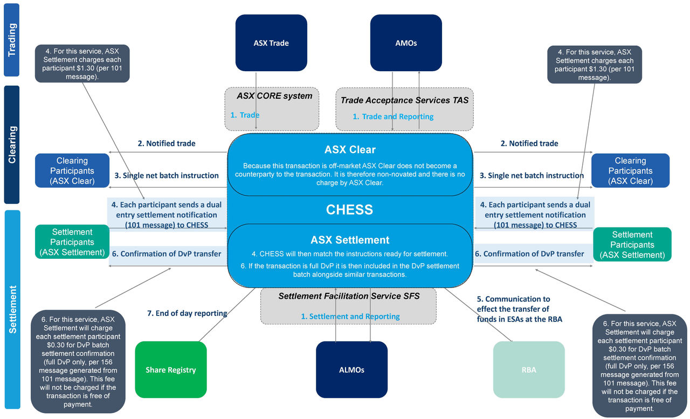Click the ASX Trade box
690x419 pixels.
271,43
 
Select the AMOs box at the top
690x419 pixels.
405,43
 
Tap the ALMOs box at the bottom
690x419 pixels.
351,370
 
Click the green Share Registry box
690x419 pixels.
170,370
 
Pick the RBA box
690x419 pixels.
528,370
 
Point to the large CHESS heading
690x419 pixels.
349,210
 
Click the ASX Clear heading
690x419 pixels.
350,149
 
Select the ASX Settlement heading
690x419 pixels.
350,240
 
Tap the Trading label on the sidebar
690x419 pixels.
11,40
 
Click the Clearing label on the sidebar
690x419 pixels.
11,145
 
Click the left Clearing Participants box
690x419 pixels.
72,171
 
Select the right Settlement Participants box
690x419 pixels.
632,245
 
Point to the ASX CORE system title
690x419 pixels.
274,96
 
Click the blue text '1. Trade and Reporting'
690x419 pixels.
393,116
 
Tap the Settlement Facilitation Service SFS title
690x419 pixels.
349,296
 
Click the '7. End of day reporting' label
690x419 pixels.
187,313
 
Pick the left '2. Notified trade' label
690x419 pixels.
167,143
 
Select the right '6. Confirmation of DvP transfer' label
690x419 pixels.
529,253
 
